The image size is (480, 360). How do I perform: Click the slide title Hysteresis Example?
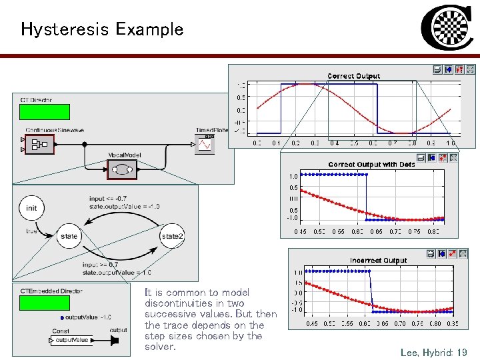pyautogui.click(x=102, y=29)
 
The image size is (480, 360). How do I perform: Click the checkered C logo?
pyautogui.click(x=447, y=29)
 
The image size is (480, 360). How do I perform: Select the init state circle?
pyautogui.click(x=31, y=208)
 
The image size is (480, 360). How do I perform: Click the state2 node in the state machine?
pyautogui.click(x=172, y=236)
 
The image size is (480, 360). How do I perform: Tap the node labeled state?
pyautogui.click(x=69, y=236)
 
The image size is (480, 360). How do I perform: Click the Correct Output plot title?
pyautogui.click(x=353, y=76)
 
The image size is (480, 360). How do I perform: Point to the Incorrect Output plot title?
pyautogui.click(x=378, y=260)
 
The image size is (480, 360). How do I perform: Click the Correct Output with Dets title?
pyautogui.click(x=371, y=164)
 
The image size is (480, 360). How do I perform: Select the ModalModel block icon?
pyautogui.click(x=122, y=170)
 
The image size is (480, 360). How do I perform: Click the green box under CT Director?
pyautogui.click(x=45, y=111)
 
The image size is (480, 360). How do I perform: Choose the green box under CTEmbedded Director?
pyautogui.click(x=44, y=303)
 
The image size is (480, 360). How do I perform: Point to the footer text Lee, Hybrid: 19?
pyautogui.click(x=433, y=351)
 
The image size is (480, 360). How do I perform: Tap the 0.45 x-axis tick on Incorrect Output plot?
pyautogui.click(x=311, y=324)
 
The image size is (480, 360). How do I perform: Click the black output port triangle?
pyautogui.click(x=115, y=341)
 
